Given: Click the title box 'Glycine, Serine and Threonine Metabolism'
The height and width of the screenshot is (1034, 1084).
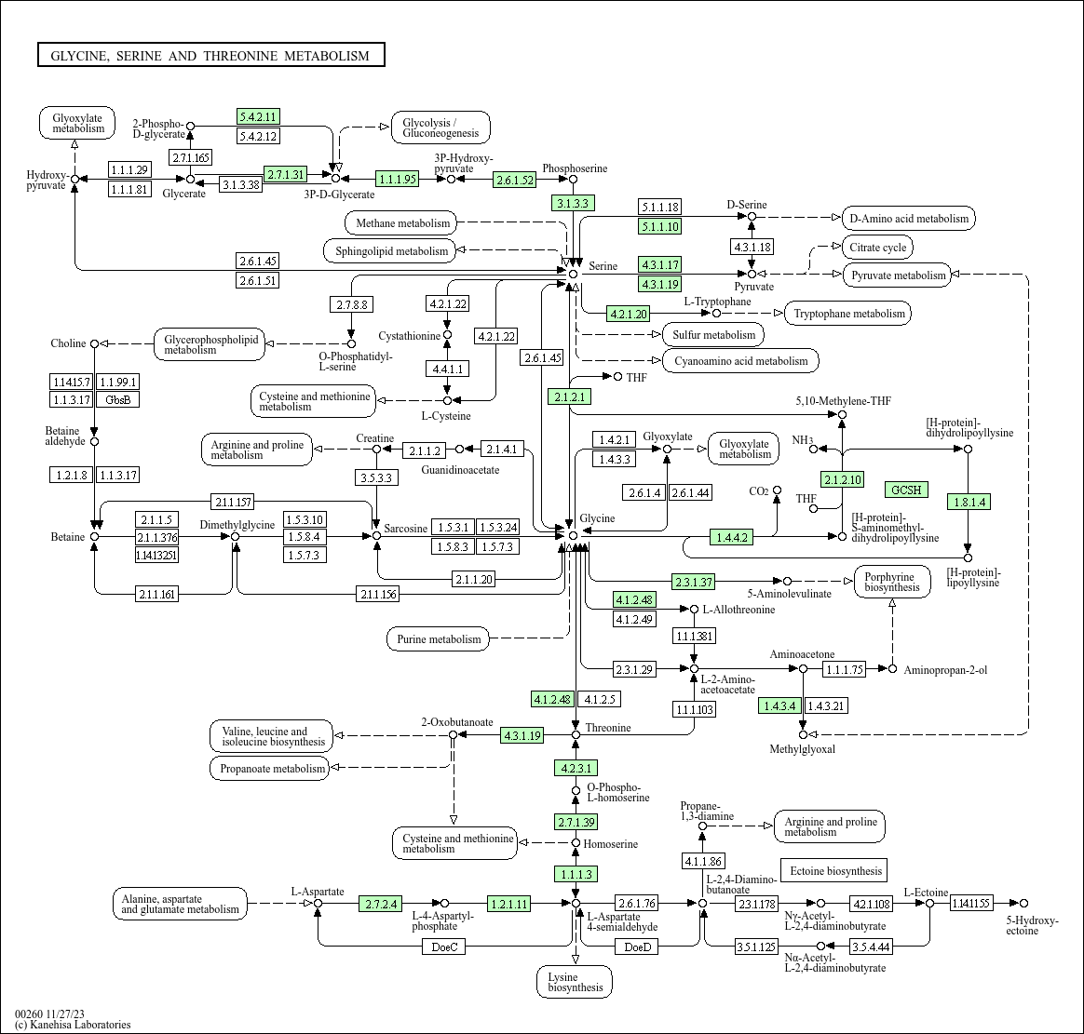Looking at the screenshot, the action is coord(210,55).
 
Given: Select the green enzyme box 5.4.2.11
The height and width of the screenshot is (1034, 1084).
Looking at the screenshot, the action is coord(258,116).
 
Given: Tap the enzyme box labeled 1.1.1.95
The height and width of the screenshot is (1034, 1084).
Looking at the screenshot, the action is coord(398,179).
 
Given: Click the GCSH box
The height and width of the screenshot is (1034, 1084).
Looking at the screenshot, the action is coord(906,490).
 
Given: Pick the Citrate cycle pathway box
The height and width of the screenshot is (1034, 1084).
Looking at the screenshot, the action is coord(878,248).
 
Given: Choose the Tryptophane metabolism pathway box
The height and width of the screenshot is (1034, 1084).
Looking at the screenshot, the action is coord(849,314).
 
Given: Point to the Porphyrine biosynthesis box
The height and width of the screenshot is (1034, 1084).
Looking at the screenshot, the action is coord(892,583).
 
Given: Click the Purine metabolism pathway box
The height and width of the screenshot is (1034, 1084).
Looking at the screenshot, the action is coord(439,638).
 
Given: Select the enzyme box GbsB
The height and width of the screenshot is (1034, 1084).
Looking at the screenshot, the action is coord(117,399).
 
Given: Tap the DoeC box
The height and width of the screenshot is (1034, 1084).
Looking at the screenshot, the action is coord(444,947).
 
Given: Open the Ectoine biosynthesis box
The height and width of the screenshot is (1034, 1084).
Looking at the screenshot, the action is coord(834,871).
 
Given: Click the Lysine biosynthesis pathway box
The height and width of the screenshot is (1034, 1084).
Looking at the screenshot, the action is coord(575,982).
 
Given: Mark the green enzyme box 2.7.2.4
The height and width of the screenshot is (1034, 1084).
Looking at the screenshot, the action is coord(381,904).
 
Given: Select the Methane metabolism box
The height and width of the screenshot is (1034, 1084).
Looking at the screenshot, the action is coord(401,223).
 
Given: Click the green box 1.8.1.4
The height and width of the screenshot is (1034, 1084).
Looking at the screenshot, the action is coord(969,503).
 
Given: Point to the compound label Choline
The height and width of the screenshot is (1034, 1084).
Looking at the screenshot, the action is coord(68,343).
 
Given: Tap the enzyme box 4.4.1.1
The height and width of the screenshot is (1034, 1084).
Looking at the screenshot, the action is coord(447,369).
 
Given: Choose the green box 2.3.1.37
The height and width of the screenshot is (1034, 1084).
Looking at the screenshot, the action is coord(694,582).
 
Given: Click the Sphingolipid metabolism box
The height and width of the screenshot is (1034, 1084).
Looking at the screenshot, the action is coord(390,250).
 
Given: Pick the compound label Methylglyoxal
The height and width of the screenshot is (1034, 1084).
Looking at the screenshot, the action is coord(802,749).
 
